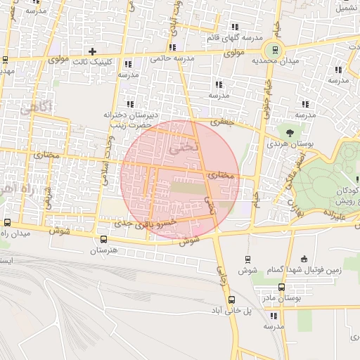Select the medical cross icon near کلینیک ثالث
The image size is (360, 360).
point(92,51)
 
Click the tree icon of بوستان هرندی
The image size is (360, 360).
point(288,131)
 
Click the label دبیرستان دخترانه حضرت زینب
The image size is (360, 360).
point(131,119)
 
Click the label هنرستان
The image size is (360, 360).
point(103,250)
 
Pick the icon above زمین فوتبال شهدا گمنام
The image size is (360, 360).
point(303,259)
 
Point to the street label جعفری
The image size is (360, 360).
point(220,121)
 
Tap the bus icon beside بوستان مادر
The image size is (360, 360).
point(281,287)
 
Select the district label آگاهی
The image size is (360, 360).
point(35,109)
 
